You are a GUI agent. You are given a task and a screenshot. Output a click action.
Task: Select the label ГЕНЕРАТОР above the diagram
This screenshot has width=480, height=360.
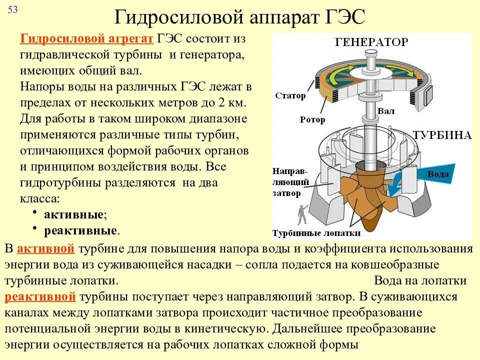[x=371, y=42]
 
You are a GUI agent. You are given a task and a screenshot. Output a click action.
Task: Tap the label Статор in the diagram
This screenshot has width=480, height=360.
[x=290, y=96]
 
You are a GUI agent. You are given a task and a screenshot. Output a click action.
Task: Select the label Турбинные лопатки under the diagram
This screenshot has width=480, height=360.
[x=316, y=233]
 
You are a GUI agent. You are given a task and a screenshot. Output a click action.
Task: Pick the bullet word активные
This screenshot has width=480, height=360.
[x=75, y=215]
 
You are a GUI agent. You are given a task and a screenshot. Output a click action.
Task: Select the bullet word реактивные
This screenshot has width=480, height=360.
[x=81, y=230]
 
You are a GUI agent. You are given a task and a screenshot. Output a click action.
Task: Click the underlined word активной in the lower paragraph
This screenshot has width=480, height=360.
[x=46, y=249]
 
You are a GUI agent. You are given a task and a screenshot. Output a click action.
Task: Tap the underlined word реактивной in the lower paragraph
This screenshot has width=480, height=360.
[x=40, y=297]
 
